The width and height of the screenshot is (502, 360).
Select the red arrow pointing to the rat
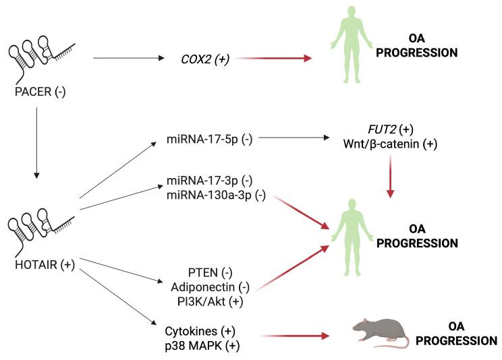click(x=293, y=335)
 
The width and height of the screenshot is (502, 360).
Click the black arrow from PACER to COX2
click(x=128, y=59)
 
